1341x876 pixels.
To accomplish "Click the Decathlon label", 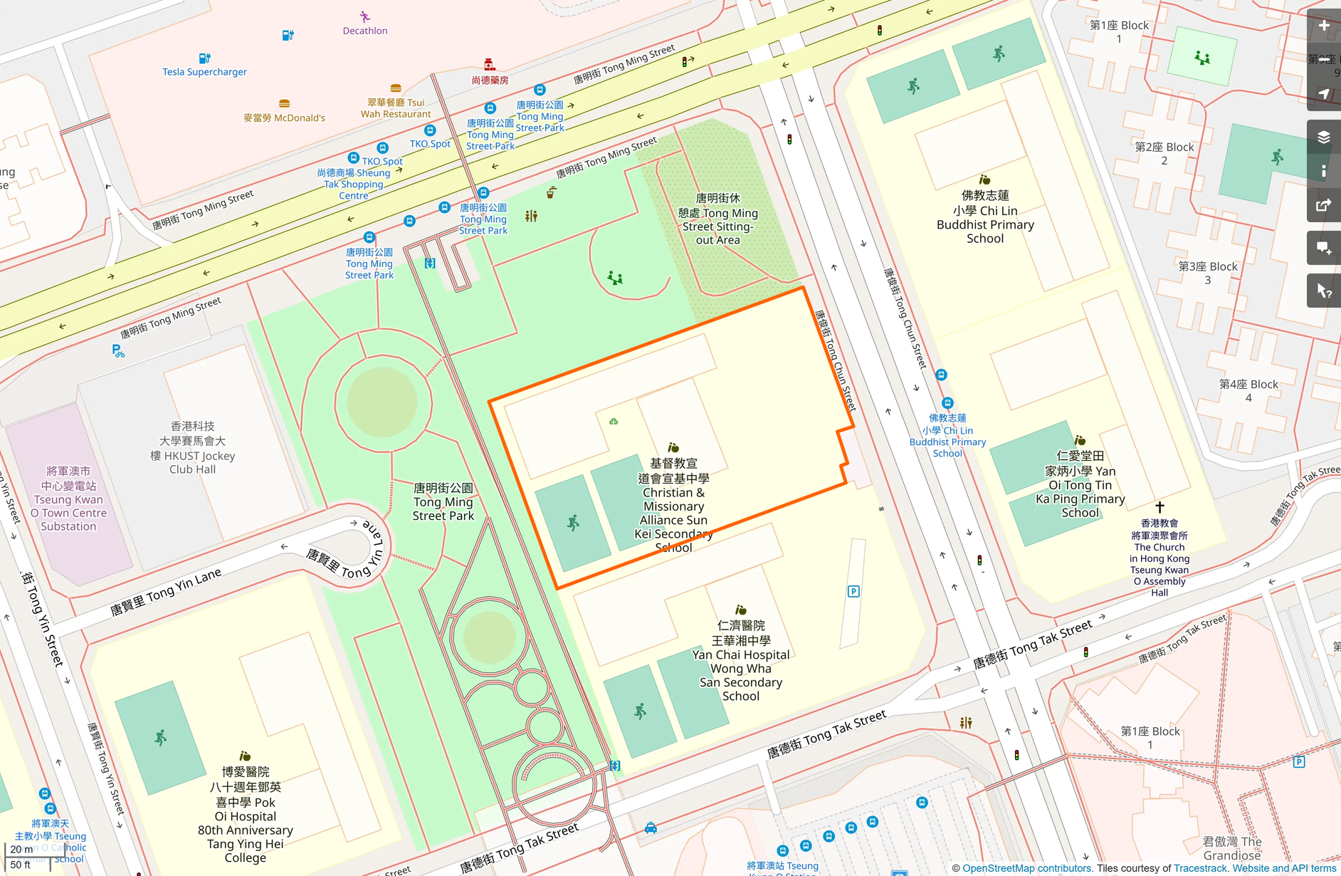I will click(x=365, y=31).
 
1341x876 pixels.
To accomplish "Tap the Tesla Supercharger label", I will click(x=204, y=72).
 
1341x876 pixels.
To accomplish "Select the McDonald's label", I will click(x=284, y=118).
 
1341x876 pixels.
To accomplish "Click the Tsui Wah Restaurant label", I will click(x=396, y=108).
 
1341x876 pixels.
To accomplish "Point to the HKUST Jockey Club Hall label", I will click(x=192, y=448).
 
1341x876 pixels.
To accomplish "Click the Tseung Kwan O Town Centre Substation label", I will click(x=68, y=499).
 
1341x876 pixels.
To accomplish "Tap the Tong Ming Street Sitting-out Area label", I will click(x=717, y=219).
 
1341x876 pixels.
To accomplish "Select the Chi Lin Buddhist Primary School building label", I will click(x=985, y=217).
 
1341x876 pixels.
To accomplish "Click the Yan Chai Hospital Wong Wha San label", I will click(x=740, y=661).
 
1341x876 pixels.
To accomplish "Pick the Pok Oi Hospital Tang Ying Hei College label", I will click(x=245, y=815).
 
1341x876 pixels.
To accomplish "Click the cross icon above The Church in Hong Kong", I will click(x=1159, y=507).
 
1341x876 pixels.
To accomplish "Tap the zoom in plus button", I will click(x=1323, y=26).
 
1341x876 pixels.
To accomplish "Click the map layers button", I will click(x=1323, y=137).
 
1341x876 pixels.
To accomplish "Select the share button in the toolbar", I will click(x=1323, y=205).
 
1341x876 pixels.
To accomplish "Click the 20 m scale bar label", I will click(x=21, y=849).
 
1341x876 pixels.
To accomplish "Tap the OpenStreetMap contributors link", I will click(x=1026, y=868).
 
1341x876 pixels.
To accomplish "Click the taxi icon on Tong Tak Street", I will click(x=651, y=828).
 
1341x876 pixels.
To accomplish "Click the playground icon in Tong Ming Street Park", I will click(x=615, y=278).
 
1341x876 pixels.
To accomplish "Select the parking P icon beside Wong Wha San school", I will click(x=853, y=591).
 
